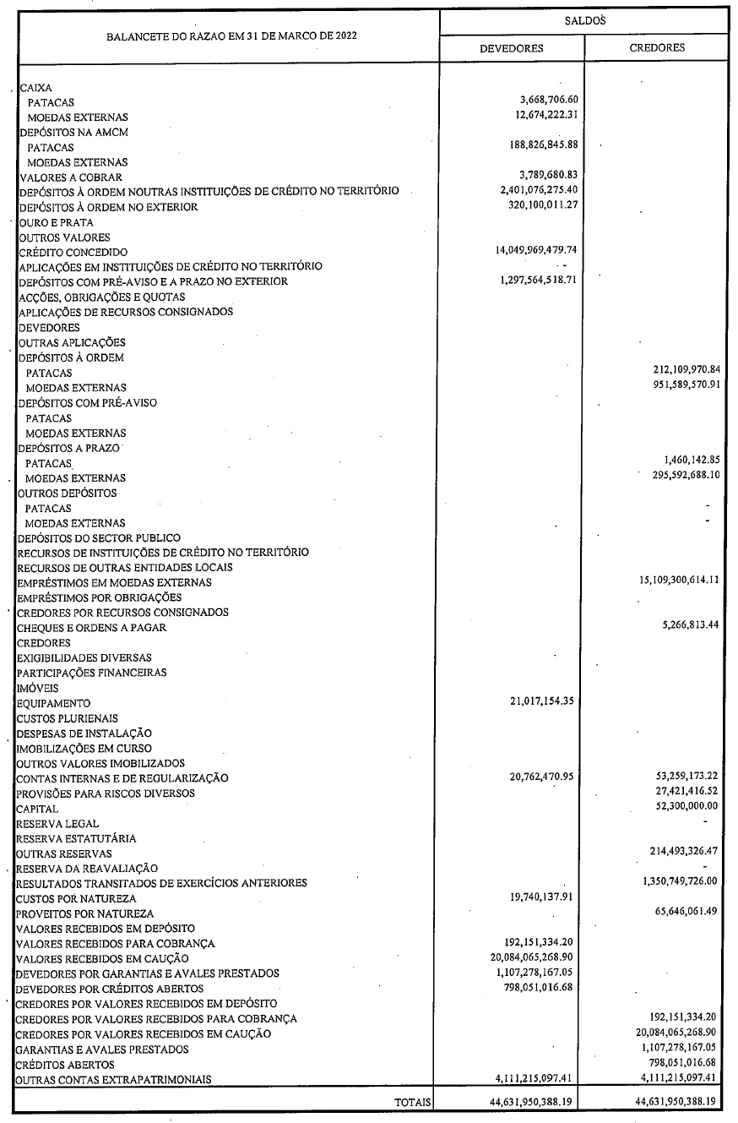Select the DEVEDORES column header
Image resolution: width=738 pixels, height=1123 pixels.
pos(511,48)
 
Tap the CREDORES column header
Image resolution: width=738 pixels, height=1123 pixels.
pos(657,48)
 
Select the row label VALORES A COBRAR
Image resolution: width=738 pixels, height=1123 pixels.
pos(70,177)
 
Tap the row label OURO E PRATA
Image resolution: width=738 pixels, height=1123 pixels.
pos(56,222)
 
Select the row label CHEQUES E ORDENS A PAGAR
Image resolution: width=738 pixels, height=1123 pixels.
pos(91,628)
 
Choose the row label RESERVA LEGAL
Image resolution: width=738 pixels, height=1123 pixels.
pos(57,823)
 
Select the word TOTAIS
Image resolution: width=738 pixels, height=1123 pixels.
pos(413,1102)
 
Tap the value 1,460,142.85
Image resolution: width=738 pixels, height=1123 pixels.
pos(685,462)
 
